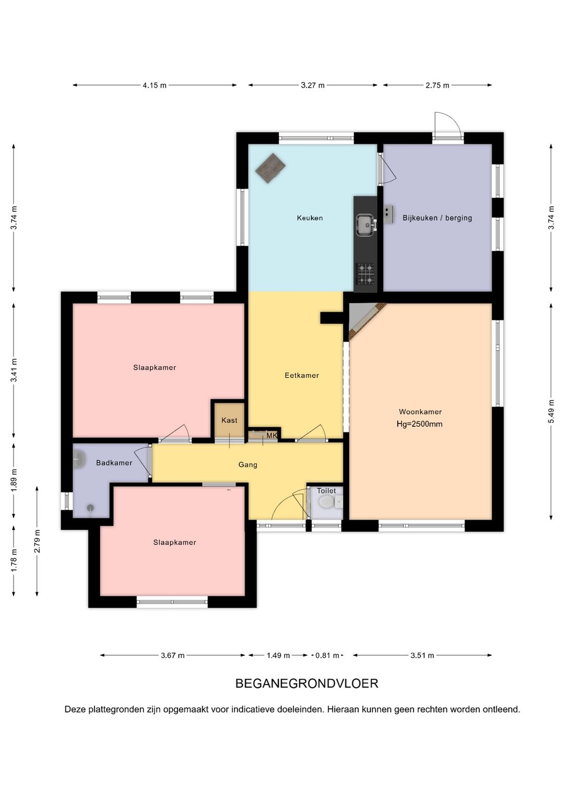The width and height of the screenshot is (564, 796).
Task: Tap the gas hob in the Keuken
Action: coord(366,274)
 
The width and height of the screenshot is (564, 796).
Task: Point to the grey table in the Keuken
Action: coord(271,168)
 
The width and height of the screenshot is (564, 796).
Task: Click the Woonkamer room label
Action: coord(420,412)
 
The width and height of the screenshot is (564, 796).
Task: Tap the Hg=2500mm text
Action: coord(419,424)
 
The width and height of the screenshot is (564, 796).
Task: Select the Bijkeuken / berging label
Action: coord(437,218)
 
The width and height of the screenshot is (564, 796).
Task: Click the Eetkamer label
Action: coord(302,375)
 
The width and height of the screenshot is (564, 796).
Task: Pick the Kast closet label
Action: coord(229,420)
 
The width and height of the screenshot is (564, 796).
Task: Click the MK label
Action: coord(272,436)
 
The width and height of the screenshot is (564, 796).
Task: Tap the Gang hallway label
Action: coord(248,465)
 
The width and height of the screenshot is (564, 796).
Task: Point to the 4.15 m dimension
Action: coord(155,86)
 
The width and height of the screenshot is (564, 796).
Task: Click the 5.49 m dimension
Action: coord(551,412)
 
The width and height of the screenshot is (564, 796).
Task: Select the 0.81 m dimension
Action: coord(327,656)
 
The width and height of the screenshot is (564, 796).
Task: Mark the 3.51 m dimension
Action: coord(422,656)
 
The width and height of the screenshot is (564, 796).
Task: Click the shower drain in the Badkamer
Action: coord(91,508)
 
